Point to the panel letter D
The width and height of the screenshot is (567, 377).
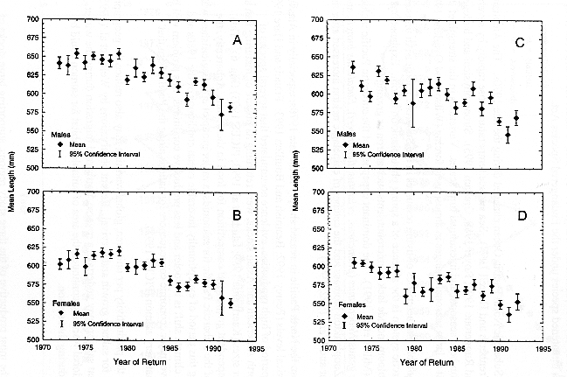pyautogui.click(x=520, y=212)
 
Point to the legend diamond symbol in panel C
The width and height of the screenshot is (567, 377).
pyautogui.click(x=347, y=144)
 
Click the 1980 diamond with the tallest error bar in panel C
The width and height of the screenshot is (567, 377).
pyautogui.click(x=413, y=103)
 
